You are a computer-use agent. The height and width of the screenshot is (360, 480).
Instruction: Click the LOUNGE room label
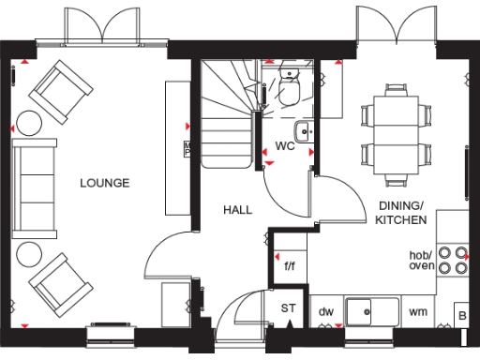104,183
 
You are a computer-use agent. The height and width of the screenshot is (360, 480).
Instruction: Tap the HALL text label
237,210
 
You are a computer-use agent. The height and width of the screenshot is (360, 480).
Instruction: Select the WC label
285,146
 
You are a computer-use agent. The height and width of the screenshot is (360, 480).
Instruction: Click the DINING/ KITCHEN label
401,212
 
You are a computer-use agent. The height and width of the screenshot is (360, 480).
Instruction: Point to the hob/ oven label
421,260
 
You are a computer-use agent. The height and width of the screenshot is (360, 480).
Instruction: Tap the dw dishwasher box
326,311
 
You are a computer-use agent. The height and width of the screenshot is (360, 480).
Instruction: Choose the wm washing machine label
418,311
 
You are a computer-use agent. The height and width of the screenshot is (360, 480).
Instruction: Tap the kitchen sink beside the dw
371,310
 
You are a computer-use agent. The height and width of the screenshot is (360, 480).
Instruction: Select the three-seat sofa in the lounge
32,182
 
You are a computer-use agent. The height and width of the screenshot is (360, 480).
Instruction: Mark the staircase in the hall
229,112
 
